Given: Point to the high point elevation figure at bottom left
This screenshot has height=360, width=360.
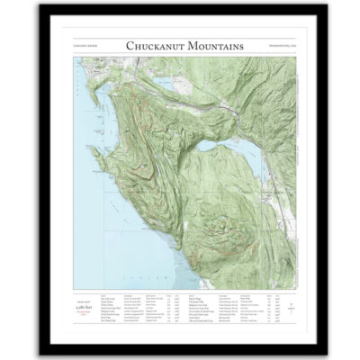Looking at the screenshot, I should coord(88,307).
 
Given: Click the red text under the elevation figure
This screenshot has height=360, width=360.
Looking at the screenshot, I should coord(88,314).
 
